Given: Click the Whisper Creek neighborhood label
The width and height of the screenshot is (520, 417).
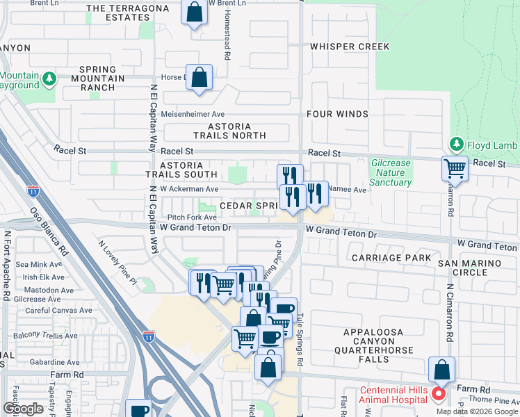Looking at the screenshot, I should tap(350, 47).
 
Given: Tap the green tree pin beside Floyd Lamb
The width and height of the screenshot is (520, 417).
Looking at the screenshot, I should tap(456, 145).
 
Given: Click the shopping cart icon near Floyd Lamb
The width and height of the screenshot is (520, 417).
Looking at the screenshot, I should tap(455, 167).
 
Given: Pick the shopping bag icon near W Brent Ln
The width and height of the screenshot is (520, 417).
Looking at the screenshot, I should tap(194, 12).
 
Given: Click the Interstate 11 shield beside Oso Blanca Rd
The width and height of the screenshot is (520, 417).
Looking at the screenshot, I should tap(33, 189).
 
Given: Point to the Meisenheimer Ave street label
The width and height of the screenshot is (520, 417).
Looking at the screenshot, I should tap(193, 114).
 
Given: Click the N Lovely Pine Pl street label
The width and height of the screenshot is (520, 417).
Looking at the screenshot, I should tap(117, 263).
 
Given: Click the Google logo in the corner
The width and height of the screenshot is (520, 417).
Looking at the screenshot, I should tap(24, 409).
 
